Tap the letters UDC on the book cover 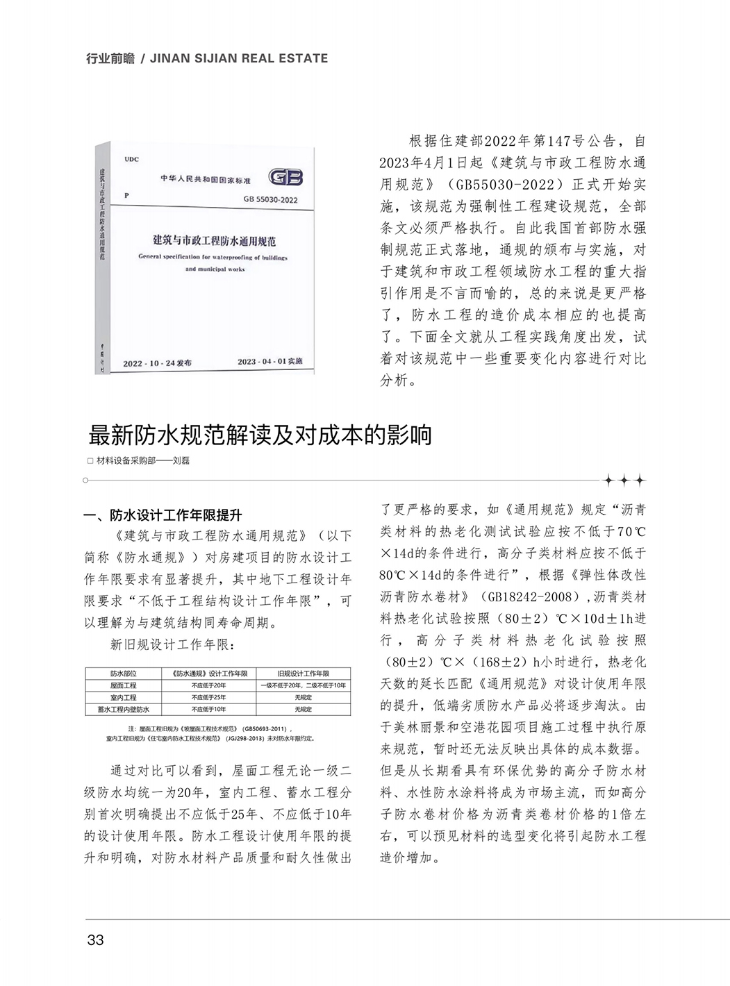coord(132,159)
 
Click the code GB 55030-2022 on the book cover coord(269,199)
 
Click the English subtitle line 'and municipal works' coord(215,269)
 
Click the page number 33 coord(95,939)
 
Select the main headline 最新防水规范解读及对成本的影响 coord(260,435)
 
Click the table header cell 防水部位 coord(124,673)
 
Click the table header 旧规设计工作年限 coord(304,673)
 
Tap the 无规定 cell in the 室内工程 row coord(304,696)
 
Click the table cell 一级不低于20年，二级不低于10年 coord(304,685)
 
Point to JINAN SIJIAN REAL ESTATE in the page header coord(239,58)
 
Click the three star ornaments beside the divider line coord(624,481)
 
